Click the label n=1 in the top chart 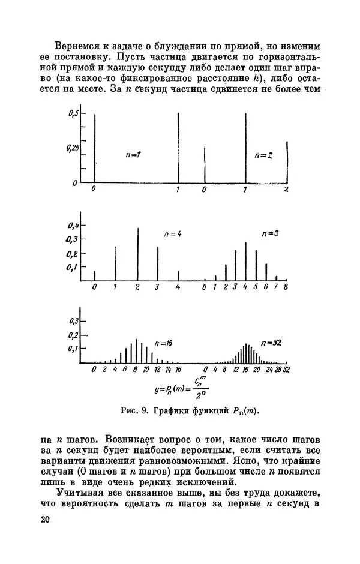point(134,155)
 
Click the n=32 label point(271,343)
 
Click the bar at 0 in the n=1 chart point(95,147)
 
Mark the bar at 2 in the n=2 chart point(287,162)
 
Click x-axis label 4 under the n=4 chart point(178,287)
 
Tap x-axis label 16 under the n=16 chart point(178,370)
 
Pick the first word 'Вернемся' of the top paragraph point(76,46)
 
